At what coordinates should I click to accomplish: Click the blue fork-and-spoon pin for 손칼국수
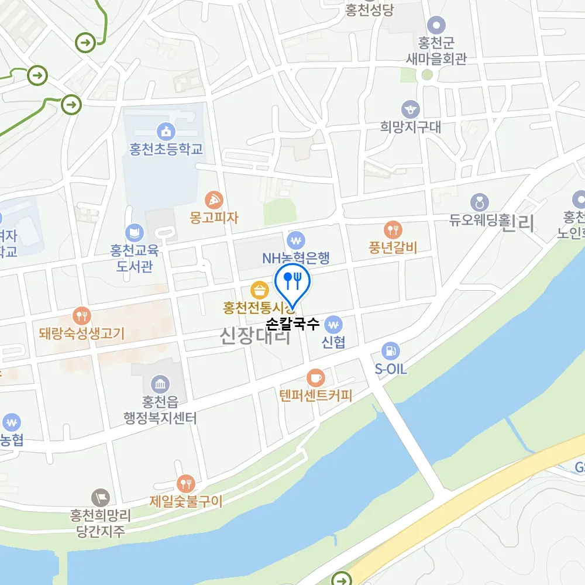pos(291,281)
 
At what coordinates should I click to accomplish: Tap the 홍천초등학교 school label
pos(167,149)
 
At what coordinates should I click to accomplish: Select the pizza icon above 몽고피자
pos(214,199)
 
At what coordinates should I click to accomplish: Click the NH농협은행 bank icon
pos(297,240)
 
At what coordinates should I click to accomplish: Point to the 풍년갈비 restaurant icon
pos(392,229)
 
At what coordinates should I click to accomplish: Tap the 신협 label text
pos(333,343)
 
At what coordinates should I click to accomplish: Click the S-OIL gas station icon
pos(390,352)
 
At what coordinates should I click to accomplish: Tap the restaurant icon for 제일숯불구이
pos(186,483)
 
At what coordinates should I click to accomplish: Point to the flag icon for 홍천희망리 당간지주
pos(100,498)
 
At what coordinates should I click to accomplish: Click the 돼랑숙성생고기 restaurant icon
pos(82,316)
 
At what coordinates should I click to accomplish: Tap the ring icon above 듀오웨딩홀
pos(480,202)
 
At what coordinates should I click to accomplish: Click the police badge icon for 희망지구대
pos(410,109)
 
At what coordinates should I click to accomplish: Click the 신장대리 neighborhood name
pos(255,336)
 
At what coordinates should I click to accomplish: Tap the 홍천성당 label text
pos(369,10)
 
